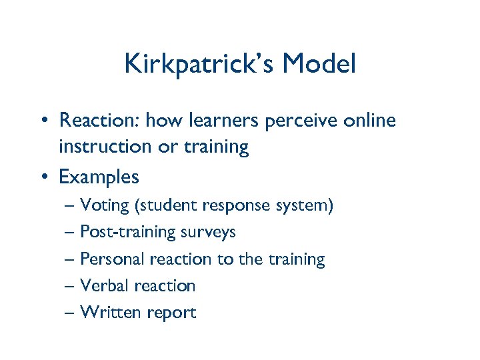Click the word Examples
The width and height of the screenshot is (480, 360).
pyautogui.click(x=99, y=177)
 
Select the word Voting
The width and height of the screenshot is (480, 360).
pyautogui.click(x=105, y=205)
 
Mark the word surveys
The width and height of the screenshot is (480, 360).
pyautogui.click(x=208, y=233)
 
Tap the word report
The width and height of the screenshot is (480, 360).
pyautogui.click(x=170, y=313)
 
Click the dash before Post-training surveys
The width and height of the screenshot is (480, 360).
pyautogui.click(x=71, y=233)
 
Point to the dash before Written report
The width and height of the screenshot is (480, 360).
pyautogui.click(x=71, y=313)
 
